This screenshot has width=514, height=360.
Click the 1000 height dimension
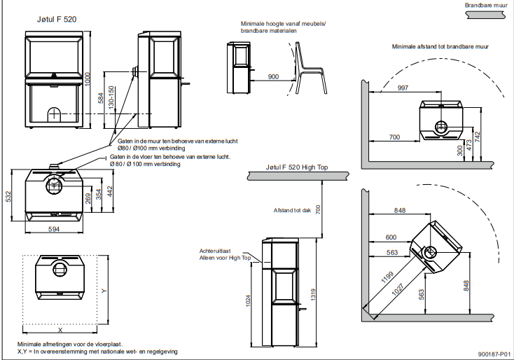tap(88, 79)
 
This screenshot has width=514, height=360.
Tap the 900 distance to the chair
tap(272, 76)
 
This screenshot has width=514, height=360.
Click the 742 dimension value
tap(479, 137)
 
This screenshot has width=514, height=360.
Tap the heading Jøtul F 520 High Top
tap(297, 168)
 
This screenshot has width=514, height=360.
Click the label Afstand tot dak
tap(292, 209)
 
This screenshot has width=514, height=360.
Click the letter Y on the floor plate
tap(104, 289)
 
